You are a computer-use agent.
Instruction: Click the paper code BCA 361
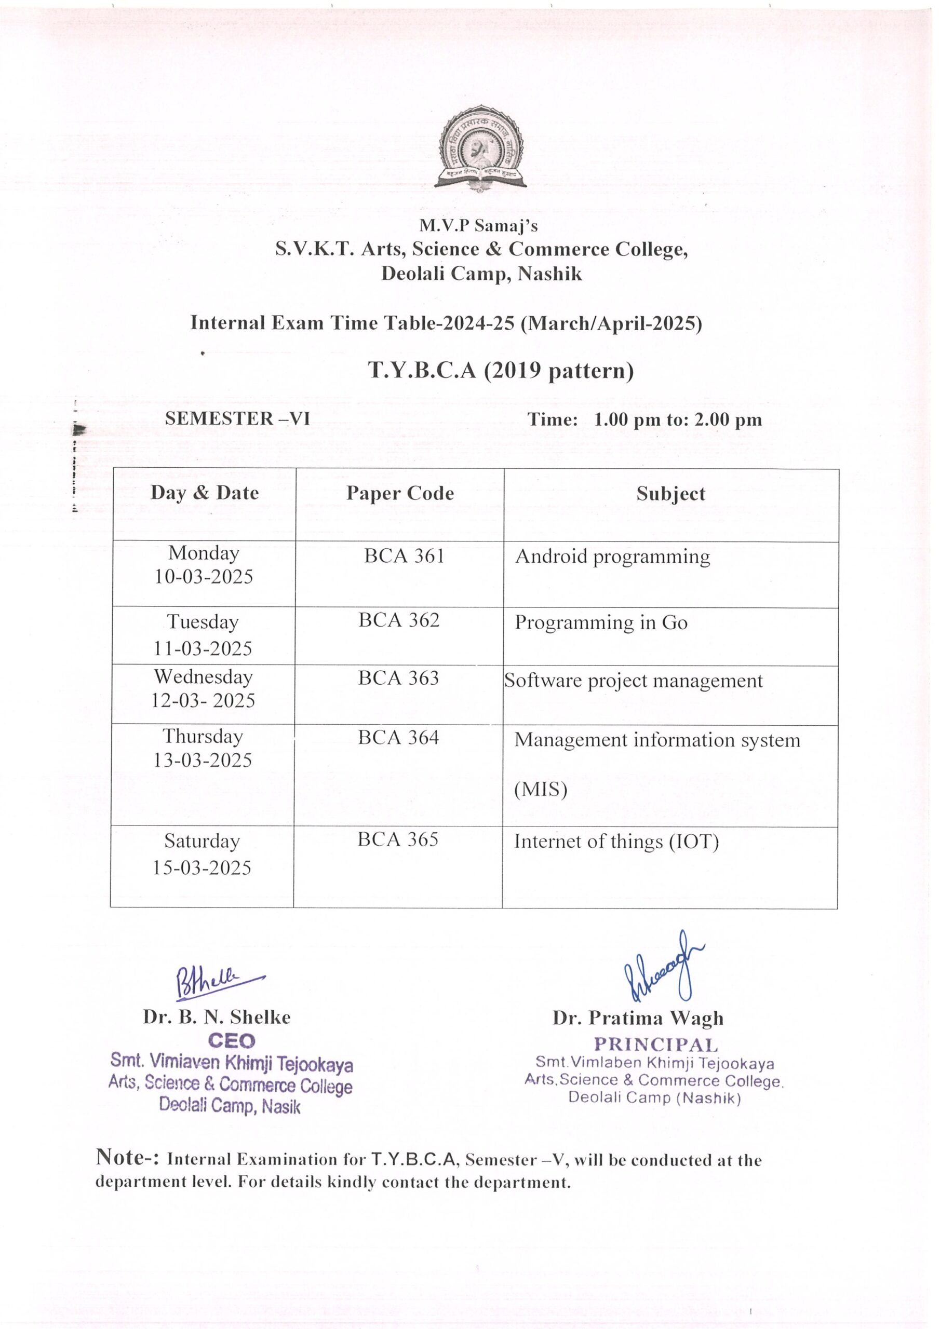click(404, 556)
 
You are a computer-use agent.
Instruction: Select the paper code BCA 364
click(398, 737)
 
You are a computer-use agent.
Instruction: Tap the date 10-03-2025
click(203, 577)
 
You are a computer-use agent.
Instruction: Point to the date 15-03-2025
click(202, 867)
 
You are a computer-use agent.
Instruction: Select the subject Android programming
click(612, 557)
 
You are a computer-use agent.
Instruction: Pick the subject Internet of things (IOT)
click(616, 842)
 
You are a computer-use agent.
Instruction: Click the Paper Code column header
click(400, 493)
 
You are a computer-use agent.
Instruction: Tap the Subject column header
click(670, 494)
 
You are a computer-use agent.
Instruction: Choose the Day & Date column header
click(205, 493)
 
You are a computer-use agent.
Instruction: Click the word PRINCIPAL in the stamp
click(655, 1045)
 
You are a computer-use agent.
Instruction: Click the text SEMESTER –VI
click(237, 418)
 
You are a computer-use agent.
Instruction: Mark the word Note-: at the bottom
click(127, 1157)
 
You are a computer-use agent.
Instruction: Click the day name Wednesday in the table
click(203, 676)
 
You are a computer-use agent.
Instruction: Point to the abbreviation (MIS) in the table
click(540, 790)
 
